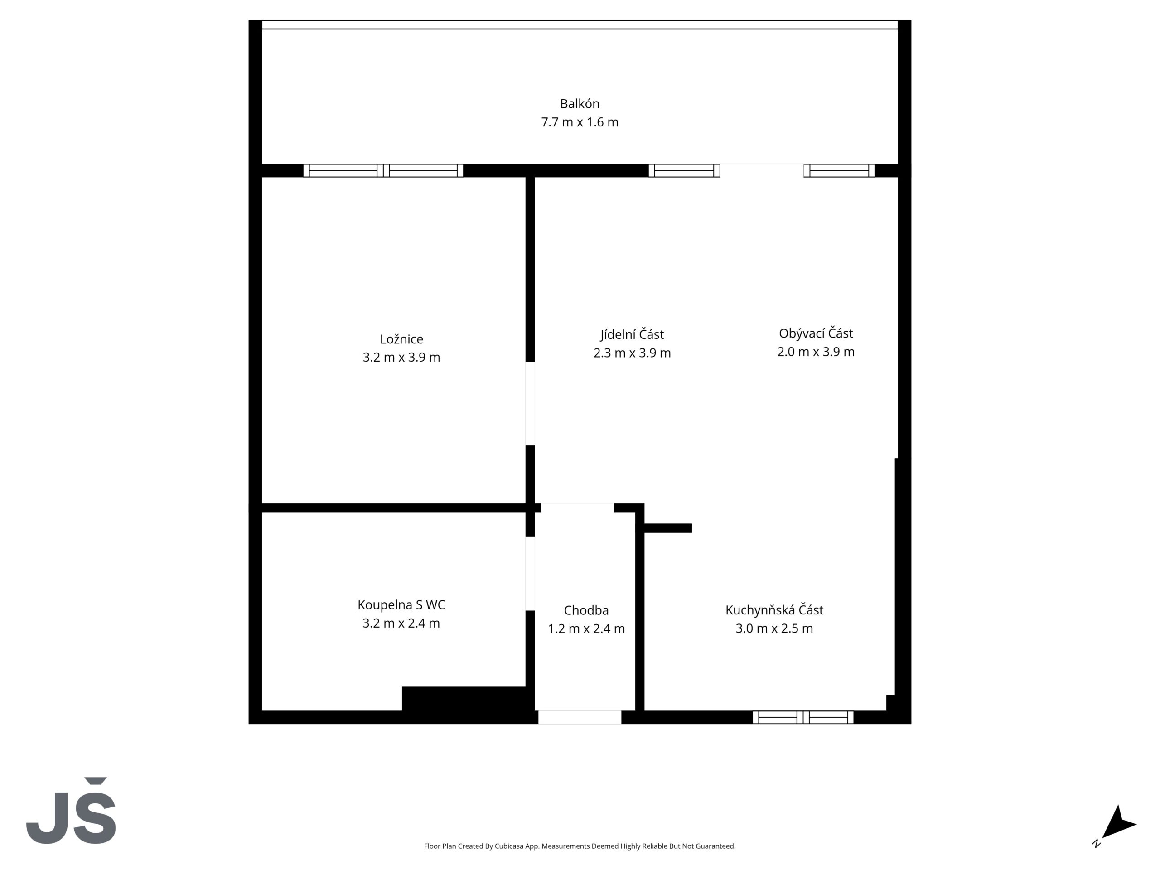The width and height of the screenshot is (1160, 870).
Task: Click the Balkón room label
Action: coord(580,104)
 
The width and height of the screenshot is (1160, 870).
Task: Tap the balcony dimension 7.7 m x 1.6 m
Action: coord(580,122)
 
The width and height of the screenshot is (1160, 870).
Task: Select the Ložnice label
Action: coord(401,339)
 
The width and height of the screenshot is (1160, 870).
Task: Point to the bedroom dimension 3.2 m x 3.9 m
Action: coord(401,358)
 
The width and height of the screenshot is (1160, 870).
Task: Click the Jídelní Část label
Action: coord(632,334)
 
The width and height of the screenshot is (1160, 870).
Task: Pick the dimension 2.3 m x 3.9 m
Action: coord(632,353)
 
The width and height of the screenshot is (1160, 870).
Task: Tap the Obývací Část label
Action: coord(816,333)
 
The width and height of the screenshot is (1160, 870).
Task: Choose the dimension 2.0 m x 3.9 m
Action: coord(816,352)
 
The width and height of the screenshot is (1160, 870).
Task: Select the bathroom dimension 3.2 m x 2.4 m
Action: coord(401,623)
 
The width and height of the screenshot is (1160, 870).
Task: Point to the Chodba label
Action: coord(586,610)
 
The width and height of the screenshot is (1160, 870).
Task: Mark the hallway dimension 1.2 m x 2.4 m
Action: coord(586,629)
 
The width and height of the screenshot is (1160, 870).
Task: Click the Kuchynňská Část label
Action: coord(774,610)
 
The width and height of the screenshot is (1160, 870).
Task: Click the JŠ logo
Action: coord(71,811)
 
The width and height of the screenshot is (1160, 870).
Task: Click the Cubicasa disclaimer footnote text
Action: coord(580,846)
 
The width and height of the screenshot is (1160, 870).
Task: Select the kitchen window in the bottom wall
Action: coord(803,717)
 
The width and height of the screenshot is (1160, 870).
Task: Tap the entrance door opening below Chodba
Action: coord(580,717)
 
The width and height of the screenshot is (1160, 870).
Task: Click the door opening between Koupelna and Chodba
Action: coord(530,574)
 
